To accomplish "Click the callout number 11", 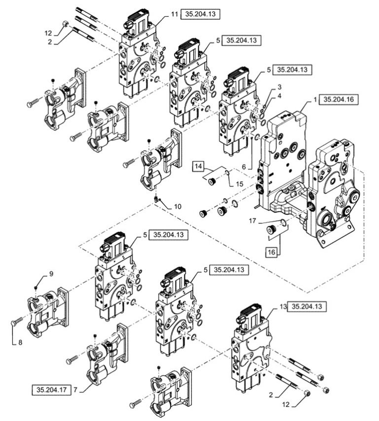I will [174, 14].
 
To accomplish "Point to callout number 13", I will [282, 306].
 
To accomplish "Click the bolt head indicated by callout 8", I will [13, 323].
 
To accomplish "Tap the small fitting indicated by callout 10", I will [157, 199].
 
